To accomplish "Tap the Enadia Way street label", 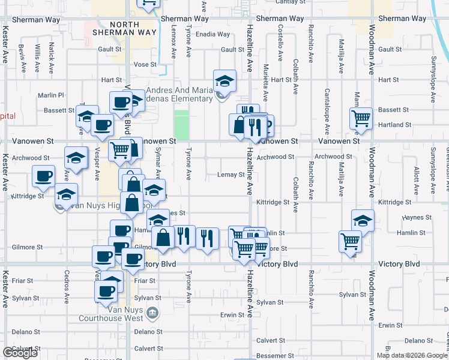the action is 215,34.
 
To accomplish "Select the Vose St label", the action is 145,64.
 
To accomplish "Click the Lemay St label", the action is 229,175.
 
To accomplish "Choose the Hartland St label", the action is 396,125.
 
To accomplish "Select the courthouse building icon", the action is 152,312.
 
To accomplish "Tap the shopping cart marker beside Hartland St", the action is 361,118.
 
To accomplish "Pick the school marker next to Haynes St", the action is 363,221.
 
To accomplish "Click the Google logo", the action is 20,353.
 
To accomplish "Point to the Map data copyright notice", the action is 412,355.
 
